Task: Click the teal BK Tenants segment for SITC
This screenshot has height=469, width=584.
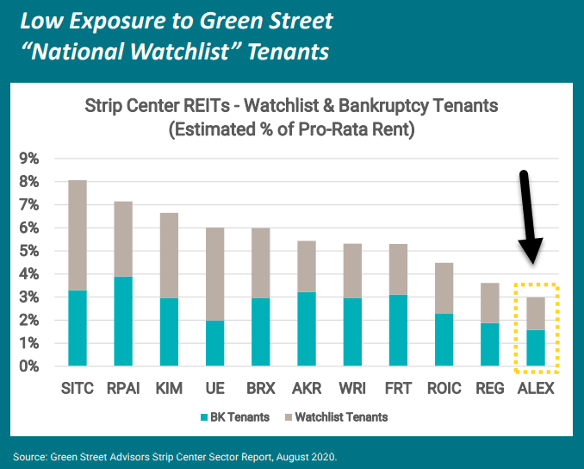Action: [77, 328]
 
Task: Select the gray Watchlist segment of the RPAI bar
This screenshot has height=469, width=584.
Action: [124, 239]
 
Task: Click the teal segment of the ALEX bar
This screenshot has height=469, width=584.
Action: [535, 348]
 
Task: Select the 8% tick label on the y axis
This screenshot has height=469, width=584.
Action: [29, 182]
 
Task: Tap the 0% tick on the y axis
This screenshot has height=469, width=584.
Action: [29, 366]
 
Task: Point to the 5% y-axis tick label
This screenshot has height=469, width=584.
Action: [29, 251]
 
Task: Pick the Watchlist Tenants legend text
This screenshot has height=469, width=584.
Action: [342, 417]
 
